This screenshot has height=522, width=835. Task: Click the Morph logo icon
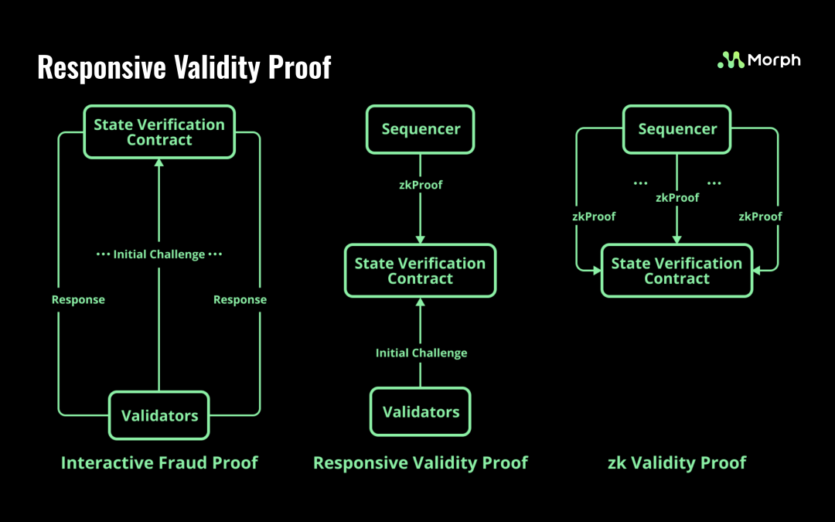click(x=731, y=60)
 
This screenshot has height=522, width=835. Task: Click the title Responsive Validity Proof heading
click(x=184, y=67)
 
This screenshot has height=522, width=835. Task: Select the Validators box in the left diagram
click(x=159, y=415)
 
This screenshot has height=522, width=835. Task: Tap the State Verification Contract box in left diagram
click(x=159, y=132)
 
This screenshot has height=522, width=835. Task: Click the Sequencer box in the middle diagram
click(x=421, y=129)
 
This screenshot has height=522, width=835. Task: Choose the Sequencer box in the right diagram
click(x=677, y=129)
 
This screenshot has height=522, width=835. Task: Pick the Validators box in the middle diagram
click(x=421, y=412)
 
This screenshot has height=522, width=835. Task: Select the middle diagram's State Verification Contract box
click(x=420, y=271)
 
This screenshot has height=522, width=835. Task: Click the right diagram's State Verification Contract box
click(x=677, y=271)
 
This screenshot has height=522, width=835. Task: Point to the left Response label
click(x=78, y=299)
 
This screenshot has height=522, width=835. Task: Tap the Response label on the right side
click(x=240, y=299)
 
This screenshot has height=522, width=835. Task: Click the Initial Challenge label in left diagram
click(x=159, y=254)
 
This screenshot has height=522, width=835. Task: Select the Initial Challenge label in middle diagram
click(x=421, y=353)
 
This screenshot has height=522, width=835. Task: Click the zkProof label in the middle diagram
click(x=421, y=185)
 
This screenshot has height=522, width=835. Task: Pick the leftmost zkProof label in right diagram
click(x=594, y=217)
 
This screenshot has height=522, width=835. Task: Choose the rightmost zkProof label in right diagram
click(x=761, y=217)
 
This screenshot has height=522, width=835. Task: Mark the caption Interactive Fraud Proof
click(x=159, y=462)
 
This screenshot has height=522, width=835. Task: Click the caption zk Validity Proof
click(x=677, y=462)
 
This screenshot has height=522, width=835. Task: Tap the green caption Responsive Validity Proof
click(x=420, y=462)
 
